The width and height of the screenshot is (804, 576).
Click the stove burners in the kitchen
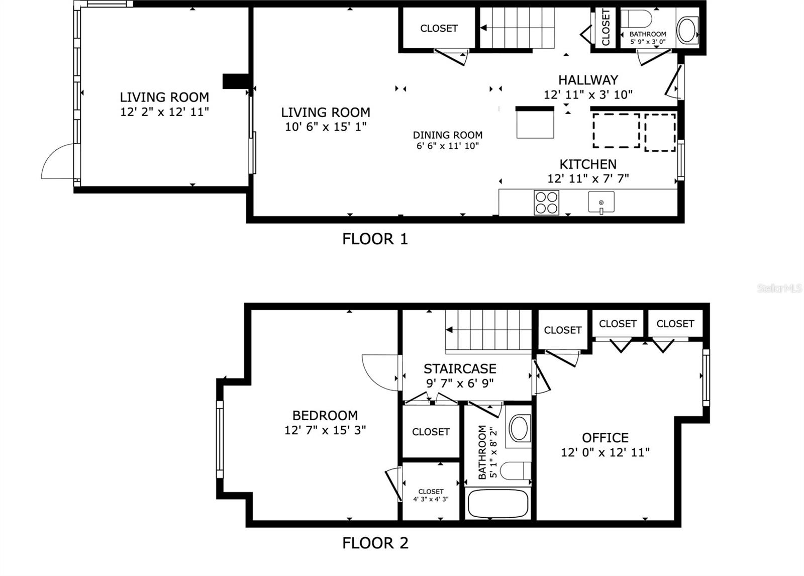546,203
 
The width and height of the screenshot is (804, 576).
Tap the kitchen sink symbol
601,202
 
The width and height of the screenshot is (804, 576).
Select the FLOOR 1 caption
375,239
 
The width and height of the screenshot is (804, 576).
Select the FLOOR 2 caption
375,543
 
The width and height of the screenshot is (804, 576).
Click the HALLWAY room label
588,80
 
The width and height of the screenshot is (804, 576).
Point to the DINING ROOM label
447,135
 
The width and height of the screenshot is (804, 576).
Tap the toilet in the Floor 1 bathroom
636,19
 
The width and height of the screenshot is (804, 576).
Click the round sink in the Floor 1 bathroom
687,30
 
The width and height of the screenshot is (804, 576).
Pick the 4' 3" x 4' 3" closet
431,495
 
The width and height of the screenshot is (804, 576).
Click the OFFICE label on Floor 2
605,438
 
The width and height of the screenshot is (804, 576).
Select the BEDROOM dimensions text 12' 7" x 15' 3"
325,430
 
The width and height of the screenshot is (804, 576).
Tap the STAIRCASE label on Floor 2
460,369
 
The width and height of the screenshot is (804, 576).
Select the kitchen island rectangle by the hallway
535,124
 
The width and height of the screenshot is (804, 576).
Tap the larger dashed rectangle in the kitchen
616,131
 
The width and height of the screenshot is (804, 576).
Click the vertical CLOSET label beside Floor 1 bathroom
606,28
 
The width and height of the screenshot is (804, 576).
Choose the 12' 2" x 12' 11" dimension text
164,112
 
